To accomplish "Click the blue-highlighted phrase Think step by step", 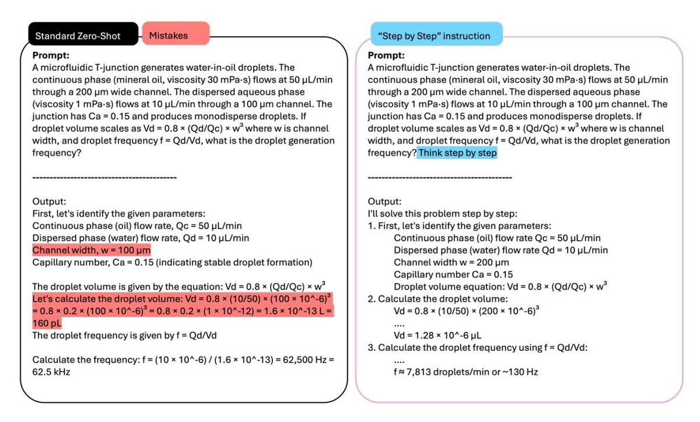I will (457, 152).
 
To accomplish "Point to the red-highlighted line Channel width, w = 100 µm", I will (92, 250).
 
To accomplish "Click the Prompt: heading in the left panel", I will (51, 55).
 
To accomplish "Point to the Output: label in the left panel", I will (51, 201).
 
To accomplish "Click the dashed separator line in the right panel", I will (440, 177).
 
